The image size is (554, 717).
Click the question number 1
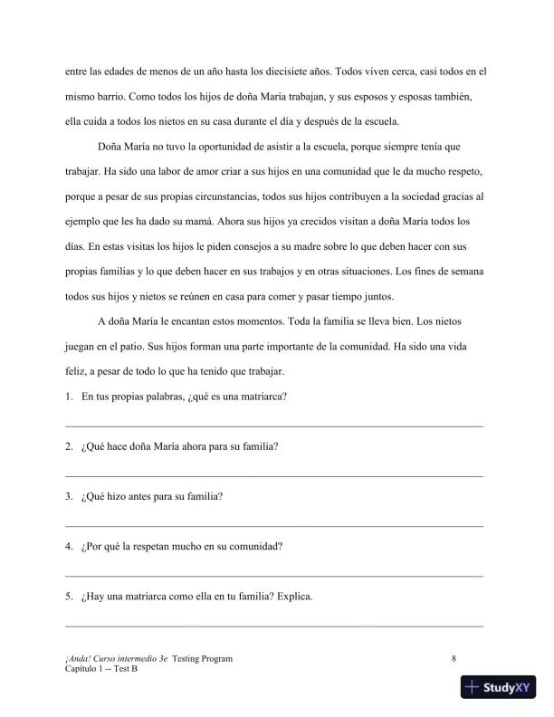[x=69, y=397]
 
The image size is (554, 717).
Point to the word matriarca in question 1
[x=261, y=397]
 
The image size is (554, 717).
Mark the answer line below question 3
[x=274, y=525]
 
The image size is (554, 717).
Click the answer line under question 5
[x=274, y=625]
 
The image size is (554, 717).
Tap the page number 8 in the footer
[x=454, y=659]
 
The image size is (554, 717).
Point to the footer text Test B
[x=123, y=669]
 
